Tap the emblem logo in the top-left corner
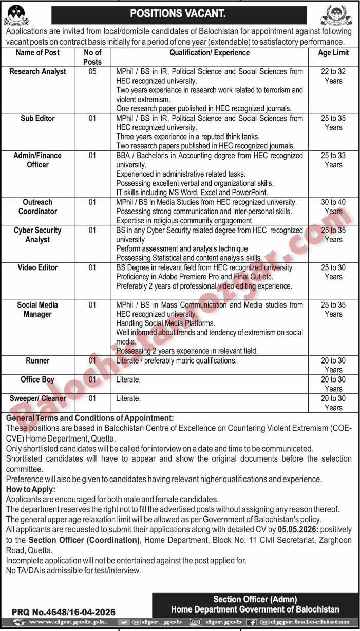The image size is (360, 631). [x=16, y=15]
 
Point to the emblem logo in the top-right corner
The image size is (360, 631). [x=336, y=15]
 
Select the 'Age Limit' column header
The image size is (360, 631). [x=333, y=52]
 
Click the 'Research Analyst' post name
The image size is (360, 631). [x=37, y=72]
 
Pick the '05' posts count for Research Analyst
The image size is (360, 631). [x=92, y=72]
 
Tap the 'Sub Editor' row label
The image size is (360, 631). [x=37, y=118]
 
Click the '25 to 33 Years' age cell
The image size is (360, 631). [x=333, y=160]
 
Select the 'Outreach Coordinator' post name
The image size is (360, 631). [x=37, y=207]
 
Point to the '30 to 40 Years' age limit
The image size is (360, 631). [x=333, y=207]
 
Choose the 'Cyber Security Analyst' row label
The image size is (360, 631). [x=37, y=235]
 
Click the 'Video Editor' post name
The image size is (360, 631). [x=37, y=267]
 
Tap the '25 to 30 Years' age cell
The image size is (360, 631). [x=333, y=272]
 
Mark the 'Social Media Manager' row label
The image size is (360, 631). [x=37, y=310]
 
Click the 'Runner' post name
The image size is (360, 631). [x=37, y=361]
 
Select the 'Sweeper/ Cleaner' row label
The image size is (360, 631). [x=37, y=398]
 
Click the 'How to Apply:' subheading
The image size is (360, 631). [x=30, y=489]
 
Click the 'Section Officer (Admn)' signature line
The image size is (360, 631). [x=255, y=599]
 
